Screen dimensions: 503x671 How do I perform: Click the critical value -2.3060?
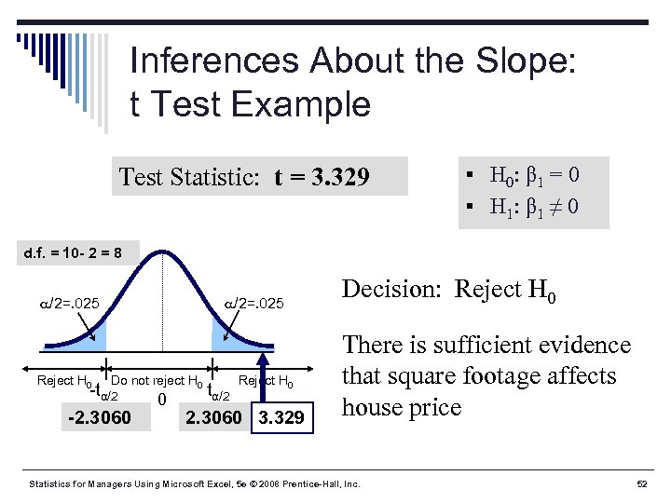[x=100, y=417]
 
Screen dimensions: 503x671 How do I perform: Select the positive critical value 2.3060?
[x=216, y=417]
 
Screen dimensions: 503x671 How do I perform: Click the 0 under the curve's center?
[x=162, y=401]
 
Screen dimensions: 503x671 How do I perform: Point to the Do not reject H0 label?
[x=157, y=380]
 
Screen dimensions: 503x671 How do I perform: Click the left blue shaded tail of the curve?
[x=97, y=335]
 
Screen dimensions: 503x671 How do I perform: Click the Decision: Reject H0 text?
[x=450, y=290]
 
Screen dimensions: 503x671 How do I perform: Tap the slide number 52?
[x=642, y=484]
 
